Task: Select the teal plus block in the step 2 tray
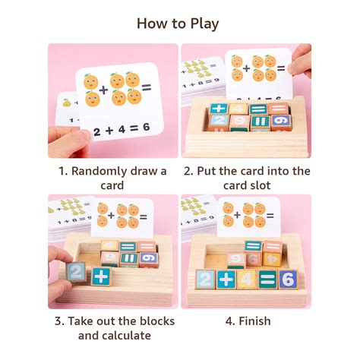218,109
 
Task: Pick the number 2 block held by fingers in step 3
76,271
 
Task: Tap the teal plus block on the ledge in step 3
101,276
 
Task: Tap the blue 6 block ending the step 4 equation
287,279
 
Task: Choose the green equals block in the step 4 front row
267,279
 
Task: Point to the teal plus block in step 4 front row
225,279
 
